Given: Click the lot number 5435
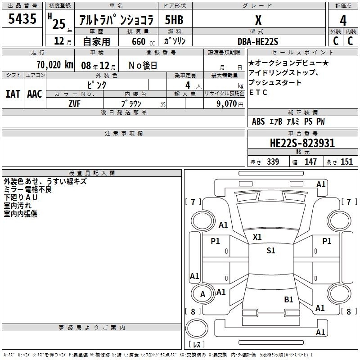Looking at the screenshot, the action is pos(22,18).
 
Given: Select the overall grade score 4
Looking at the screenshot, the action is pos(343,21).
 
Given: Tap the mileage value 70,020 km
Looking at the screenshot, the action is pos(55,65).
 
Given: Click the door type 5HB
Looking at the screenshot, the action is pos(174,20).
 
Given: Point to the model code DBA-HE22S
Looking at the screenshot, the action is pos(258,41).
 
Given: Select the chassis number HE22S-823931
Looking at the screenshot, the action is pos(302,143).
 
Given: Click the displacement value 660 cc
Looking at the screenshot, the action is pos(143,42).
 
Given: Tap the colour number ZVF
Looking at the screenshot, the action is pos(75,104).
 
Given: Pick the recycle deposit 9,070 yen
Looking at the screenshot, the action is pos(230,104).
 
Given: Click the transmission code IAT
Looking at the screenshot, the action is pos(13,94).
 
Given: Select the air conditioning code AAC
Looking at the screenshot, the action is pos(35,94).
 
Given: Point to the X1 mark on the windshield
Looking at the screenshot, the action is pos(257,237).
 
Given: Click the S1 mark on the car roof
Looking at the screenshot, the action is pos(271,251).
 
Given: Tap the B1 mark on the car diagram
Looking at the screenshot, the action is pos(288,300).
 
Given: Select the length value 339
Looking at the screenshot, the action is pos(273,162).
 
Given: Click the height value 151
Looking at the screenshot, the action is pos(346,162).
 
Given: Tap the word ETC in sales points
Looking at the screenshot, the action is pos(258,92).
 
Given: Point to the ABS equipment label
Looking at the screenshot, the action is pos(258,121).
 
